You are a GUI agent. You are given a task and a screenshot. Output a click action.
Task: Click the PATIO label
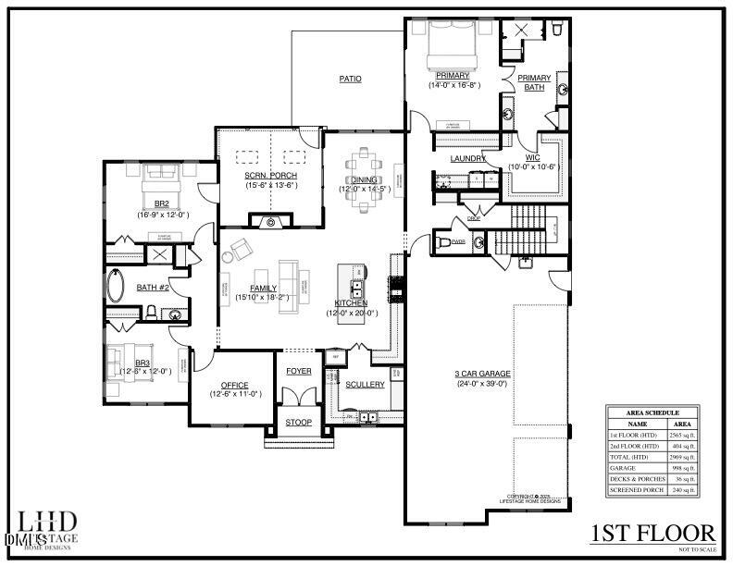pyautogui.click(x=350, y=80)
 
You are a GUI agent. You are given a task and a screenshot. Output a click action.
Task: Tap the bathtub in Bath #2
pyautogui.click(x=118, y=287)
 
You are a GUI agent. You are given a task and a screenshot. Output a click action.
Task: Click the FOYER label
pyautogui.click(x=298, y=371)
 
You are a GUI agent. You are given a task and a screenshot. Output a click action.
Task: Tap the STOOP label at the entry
pyautogui.click(x=298, y=423)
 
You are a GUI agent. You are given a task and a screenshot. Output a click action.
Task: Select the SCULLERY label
pyautogui.click(x=365, y=385)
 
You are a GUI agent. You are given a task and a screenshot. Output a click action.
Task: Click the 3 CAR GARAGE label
pyautogui.click(x=482, y=374)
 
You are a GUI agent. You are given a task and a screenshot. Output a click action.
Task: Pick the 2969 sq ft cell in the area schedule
pyautogui.click(x=682, y=457)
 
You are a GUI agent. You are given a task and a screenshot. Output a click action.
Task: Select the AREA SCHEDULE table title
pyautogui.click(x=654, y=412)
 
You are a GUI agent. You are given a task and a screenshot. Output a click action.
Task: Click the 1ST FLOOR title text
pyautogui.click(x=652, y=533)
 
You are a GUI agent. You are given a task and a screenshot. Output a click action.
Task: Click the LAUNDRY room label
pyautogui.click(x=468, y=158)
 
